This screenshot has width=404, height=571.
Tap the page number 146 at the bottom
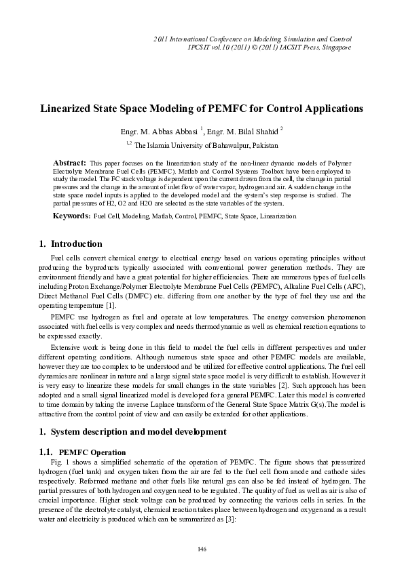(x=202, y=548)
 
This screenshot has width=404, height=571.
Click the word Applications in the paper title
(x=327, y=108)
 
